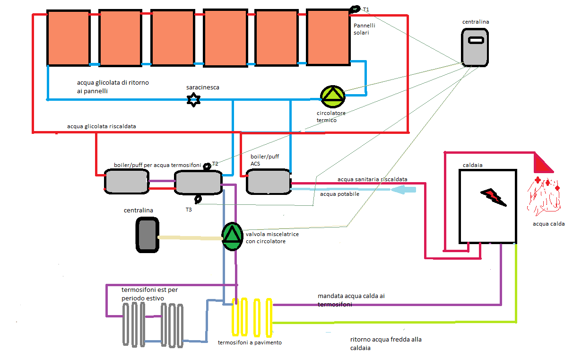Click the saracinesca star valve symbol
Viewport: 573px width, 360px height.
193,100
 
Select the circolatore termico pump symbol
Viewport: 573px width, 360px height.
333,96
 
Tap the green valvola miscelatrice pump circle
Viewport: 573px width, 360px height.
233,236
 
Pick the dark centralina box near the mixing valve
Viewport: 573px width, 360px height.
147,235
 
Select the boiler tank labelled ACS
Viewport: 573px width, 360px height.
268,182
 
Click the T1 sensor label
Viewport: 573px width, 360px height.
366,9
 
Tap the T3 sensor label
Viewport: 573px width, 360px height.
189,209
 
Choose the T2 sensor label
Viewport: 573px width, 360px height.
215,163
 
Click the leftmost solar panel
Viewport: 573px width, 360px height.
69,38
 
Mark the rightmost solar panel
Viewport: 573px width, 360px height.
328,36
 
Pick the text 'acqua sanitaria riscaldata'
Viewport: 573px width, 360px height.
372,179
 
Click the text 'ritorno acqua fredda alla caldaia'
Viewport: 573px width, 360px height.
386,344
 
